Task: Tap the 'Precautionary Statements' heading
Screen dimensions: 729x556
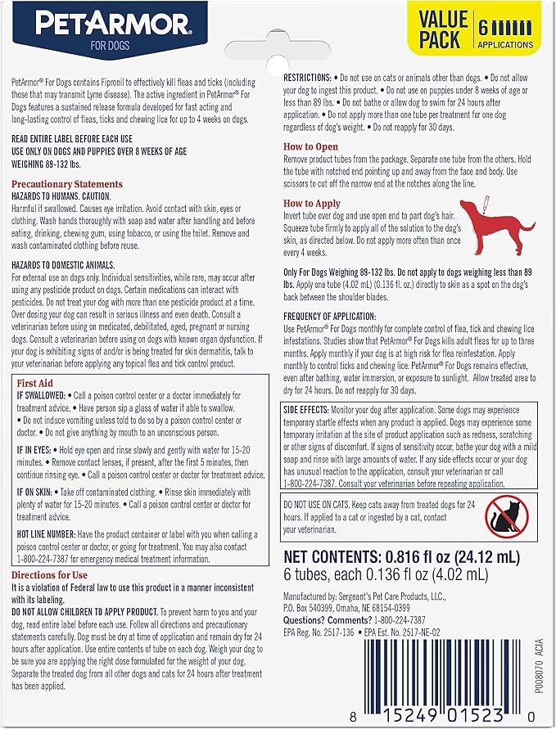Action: pyautogui.click(x=67, y=185)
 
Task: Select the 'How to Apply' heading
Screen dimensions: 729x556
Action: pyautogui.click(x=312, y=203)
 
